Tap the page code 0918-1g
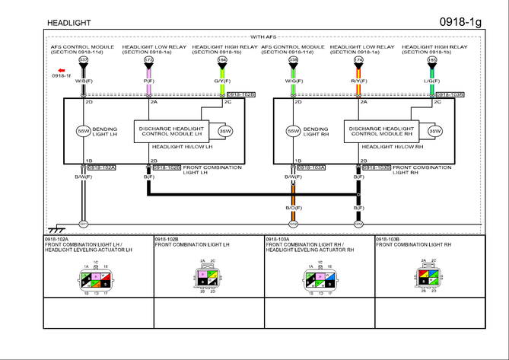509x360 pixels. point(460,21)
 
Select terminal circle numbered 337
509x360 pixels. point(84,60)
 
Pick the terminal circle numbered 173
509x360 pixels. point(148,60)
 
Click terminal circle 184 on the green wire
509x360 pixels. point(222,60)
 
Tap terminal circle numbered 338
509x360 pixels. point(294,60)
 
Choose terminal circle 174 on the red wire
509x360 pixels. point(358,60)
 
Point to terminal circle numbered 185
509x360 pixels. point(432,60)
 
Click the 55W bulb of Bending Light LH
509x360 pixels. point(84,130)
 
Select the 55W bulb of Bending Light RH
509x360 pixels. point(294,130)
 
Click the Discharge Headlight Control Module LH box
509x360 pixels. point(171,131)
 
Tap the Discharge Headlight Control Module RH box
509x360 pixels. point(381,131)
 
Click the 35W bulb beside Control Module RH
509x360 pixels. point(434,131)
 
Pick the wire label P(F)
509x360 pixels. point(148,81)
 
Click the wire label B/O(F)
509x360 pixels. point(294,207)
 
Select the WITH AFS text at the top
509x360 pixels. point(262,36)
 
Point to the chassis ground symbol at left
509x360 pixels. point(55,228)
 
